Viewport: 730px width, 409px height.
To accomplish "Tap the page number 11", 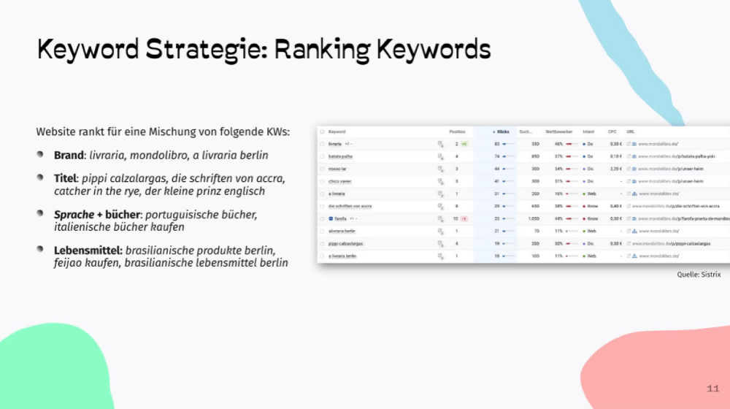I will [713, 388].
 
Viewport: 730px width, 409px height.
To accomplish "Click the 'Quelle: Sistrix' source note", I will [699, 275].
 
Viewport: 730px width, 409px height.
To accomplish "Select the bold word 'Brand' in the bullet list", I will [69, 156].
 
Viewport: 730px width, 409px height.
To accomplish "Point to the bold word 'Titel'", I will [66, 178].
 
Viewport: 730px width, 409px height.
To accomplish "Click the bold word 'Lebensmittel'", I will [88, 250].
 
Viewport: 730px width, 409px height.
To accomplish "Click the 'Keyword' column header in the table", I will [337, 132].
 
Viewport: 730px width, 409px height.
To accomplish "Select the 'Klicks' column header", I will [502, 132].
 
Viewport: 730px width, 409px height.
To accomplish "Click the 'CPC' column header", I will [612, 132].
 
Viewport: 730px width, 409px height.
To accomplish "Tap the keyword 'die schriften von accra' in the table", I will [350, 206].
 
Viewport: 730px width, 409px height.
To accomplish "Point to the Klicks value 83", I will [496, 144].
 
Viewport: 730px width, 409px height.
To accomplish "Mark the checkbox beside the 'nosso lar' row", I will [322, 169].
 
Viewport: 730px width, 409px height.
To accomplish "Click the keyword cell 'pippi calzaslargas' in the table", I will [346, 243].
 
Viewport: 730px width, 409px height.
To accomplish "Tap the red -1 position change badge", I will [464, 218].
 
